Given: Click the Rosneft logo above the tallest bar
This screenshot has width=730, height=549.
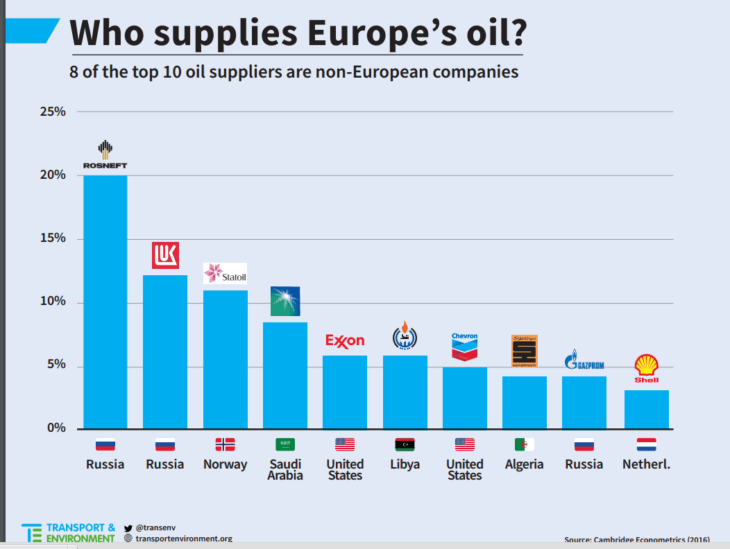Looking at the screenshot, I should point(105,155).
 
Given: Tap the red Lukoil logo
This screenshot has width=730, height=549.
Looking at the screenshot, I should point(165,255).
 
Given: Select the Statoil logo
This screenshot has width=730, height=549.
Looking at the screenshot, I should point(225,274).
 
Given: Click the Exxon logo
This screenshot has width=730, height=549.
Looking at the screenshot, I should point(345,340).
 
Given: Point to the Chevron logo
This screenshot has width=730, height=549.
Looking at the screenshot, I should point(465,347).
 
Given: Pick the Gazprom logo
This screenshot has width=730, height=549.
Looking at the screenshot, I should point(584,362).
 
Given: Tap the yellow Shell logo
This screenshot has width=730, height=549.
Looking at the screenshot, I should point(647,368).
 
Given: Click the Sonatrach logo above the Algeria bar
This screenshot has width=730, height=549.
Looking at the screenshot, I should point(524,351).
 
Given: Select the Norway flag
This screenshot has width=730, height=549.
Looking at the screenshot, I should point(225,444).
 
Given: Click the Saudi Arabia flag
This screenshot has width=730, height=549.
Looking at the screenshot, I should point(285,444).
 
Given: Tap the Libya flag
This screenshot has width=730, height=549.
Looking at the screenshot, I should point(405,444).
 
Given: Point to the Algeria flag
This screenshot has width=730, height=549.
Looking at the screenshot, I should point(525,444).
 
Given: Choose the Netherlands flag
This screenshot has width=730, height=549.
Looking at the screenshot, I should point(646,444).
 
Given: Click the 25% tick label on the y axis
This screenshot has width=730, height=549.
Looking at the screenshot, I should point(52,112).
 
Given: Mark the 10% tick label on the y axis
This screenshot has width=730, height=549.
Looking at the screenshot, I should point(52,302).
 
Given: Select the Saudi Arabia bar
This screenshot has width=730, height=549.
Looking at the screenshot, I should point(285,375).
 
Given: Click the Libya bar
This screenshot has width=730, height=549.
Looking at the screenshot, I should point(405,392).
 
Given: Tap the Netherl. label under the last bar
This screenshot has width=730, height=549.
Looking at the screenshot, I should point(646,464).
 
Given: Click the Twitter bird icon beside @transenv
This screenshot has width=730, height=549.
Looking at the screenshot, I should point(128,528).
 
